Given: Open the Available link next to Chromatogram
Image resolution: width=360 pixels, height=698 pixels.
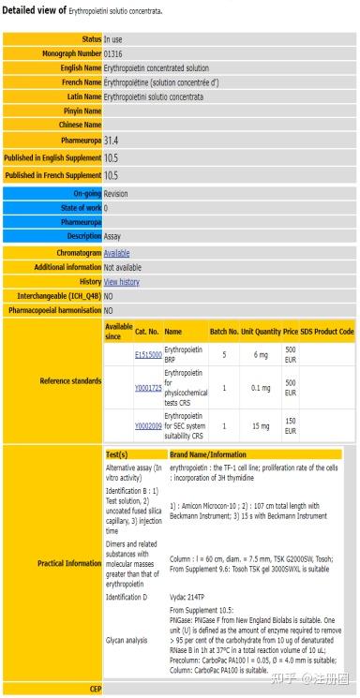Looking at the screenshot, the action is point(116,253).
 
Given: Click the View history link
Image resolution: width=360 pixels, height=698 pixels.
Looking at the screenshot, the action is point(121,281).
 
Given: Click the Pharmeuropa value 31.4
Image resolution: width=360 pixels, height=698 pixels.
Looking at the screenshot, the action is point(112,140).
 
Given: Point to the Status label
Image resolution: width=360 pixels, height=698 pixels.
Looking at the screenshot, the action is point(91,39).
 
